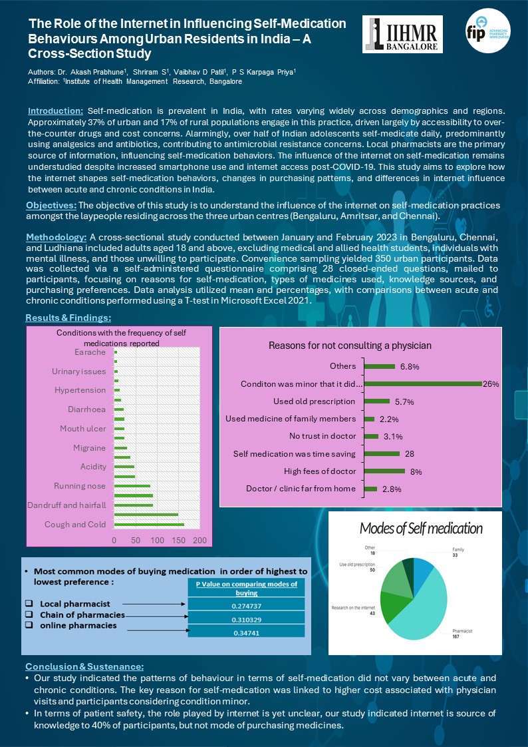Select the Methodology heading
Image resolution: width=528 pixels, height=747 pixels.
pos(56,238)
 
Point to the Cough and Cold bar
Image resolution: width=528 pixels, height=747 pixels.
pos(149,525)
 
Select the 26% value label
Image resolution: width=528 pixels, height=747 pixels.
pos(491,383)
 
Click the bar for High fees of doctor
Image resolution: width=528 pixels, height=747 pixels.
pos(384,471)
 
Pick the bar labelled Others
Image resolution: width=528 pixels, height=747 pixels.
pos(379,366)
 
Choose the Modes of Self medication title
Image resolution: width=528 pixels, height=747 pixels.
pos(421,529)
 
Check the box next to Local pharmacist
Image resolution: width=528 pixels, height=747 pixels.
pos(29,603)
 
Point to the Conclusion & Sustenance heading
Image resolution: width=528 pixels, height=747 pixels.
pos(84,666)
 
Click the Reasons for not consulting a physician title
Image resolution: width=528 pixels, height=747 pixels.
pos(350,346)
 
